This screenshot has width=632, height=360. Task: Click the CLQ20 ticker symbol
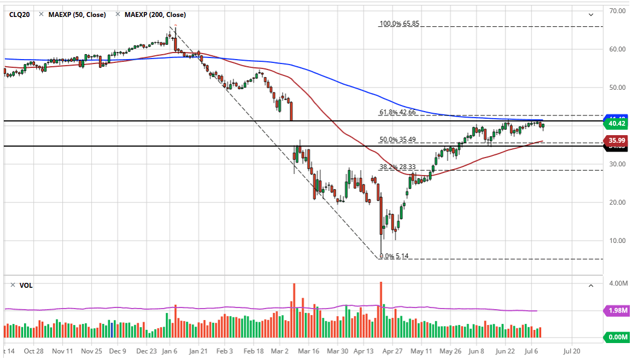click(20, 15)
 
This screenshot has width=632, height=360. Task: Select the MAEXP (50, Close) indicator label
click(77, 15)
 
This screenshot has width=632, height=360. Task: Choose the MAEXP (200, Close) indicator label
click(155, 15)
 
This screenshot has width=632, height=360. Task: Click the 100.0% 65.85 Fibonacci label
click(399, 24)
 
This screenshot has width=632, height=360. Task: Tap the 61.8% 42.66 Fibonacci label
click(398, 113)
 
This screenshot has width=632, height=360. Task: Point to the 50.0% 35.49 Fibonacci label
click(398, 140)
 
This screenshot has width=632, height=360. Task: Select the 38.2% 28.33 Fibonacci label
click(398, 167)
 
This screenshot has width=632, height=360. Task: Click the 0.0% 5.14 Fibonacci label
click(394, 256)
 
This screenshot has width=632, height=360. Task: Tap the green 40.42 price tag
click(616, 124)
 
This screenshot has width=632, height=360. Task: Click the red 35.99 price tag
click(616, 141)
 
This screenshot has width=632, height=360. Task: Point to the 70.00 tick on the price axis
click(618, 11)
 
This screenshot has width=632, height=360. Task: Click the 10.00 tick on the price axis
click(618, 241)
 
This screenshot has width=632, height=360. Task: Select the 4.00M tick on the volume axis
click(617, 283)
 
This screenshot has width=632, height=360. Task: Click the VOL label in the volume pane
click(26, 286)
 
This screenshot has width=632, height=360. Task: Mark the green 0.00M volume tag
click(616, 338)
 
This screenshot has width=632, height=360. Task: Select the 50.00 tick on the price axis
click(618, 88)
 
